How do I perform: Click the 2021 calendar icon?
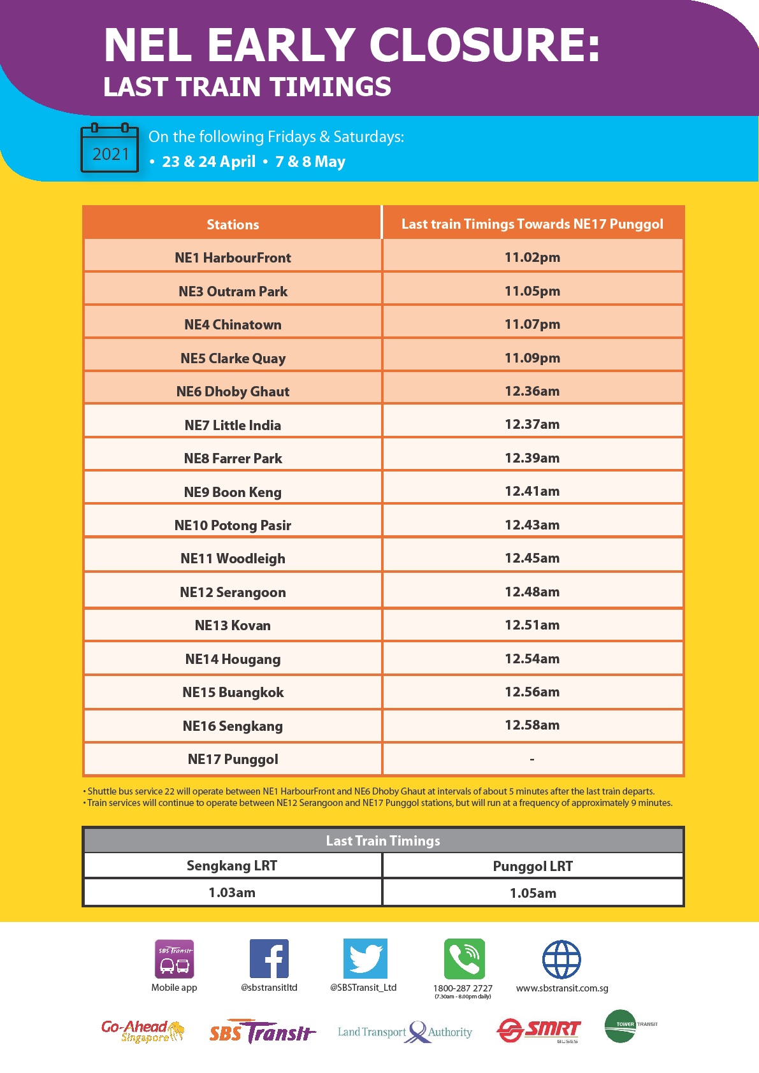[x=110, y=148]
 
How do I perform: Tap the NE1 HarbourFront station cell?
[x=233, y=257]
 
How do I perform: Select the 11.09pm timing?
[x=532, y=358]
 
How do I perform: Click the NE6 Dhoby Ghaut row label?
[x=233, y=391]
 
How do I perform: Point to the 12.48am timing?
[x=532, y=592]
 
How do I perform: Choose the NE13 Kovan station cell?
[x=233, y=625]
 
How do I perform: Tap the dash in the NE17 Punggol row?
[x=532, y=759]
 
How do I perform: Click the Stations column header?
[x=233, y=224]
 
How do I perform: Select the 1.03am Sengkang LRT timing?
[x=232, y=893]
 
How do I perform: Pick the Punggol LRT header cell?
[x=533, y=866]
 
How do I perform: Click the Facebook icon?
[x=269, y=958]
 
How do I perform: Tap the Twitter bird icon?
[x=365, y=958]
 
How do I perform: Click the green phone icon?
[x=464, y=958]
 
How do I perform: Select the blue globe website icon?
[x=561, y=959]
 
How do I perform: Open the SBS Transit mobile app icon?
[x=175, y=958]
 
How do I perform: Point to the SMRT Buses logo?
[x=539, y=1030]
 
